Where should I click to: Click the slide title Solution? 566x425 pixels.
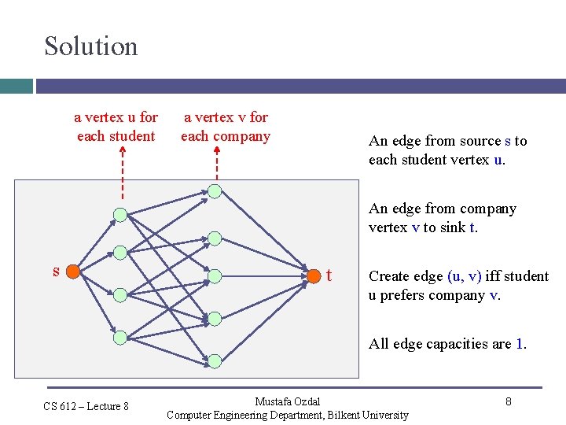click(90, 46)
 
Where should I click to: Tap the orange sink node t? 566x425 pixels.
click(314, 275)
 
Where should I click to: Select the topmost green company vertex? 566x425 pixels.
click(215, 190)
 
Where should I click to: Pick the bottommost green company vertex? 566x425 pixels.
click(215, 360)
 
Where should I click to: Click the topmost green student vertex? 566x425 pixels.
click(119, 214)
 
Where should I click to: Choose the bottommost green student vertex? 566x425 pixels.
click(119, 337)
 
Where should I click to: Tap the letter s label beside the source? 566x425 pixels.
click(56, 271)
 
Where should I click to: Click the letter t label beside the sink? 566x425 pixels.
click(329, 275)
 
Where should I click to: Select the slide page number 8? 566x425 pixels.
click(509, 401)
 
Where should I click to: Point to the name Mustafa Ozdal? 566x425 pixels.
click(288, 402)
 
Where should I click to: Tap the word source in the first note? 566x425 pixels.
click(463, 141)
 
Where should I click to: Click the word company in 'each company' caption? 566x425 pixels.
click(240, 136)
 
